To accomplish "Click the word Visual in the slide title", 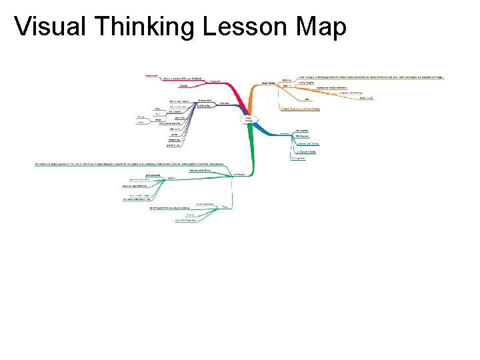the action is pyautogui.click(x=47, y=27).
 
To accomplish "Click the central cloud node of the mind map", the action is pyautogui.click(x=248, y=120).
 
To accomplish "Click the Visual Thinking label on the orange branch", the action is pyautogui.click(x=269, y=83).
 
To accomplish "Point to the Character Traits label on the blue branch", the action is pyautogui.click(x=306, y=153).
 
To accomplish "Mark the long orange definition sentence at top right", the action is pyautogui.click(x=370, y=77).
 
